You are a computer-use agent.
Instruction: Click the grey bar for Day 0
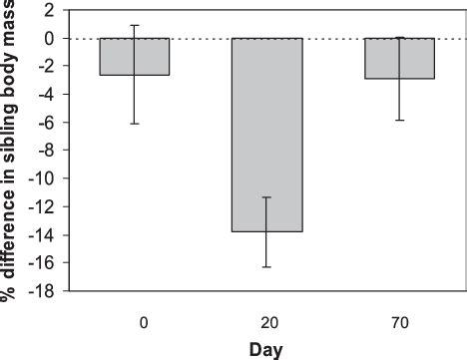[x=134, y=57]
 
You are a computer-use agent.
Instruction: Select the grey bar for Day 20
[x=266, y=135]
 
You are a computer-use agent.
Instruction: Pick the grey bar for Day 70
[x=399, y=58]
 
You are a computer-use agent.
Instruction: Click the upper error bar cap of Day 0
[x=134, y=25]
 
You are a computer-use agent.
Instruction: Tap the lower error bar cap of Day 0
[x=134, y=124]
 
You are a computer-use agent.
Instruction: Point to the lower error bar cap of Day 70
[x=399, y=120]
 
